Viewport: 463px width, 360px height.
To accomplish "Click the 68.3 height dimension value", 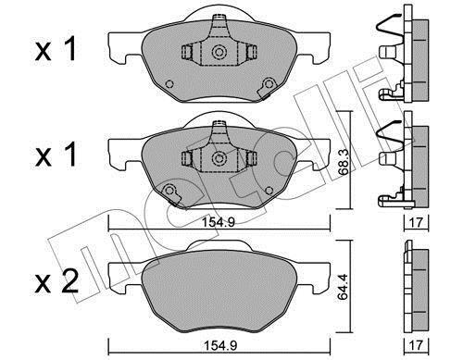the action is (x=344, y=166).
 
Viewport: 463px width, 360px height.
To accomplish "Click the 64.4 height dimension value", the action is (x=344, y=287).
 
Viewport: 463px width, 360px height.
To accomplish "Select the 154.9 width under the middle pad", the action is (x=219, y=222).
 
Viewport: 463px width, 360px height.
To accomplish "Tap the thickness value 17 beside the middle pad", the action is (x=416, y=222).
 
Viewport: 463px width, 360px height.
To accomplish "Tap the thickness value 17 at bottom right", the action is (x=416, y=345).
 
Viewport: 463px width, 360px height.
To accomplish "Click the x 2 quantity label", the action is (x=56, y=282).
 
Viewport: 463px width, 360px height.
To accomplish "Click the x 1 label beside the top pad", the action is (x=56, y=49).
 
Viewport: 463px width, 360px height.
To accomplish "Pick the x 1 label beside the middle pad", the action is (x=56, y=155).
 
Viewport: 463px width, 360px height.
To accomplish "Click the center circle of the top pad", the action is (x=219, y=52).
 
